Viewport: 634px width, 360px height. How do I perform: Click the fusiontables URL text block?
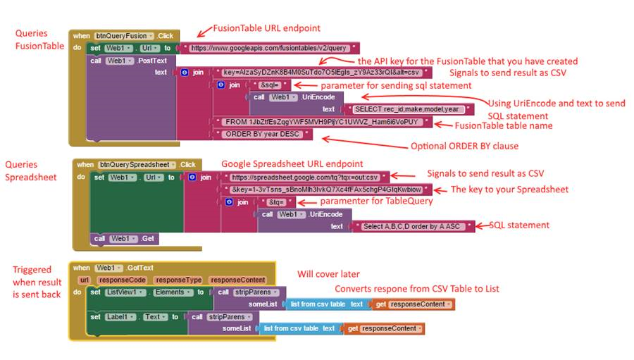(x=268, y=48)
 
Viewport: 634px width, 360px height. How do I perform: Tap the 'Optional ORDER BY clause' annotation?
(x=464, y=147)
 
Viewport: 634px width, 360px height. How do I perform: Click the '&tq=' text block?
(x=275, y=201)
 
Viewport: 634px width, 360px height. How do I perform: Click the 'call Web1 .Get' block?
(x=125, y=239)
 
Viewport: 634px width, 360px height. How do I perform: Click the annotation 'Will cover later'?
(x=328, y=274)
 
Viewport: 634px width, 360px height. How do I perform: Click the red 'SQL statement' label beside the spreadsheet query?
(x=521, y=225)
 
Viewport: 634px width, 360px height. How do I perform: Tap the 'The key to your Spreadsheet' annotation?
(x=509, y=190)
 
